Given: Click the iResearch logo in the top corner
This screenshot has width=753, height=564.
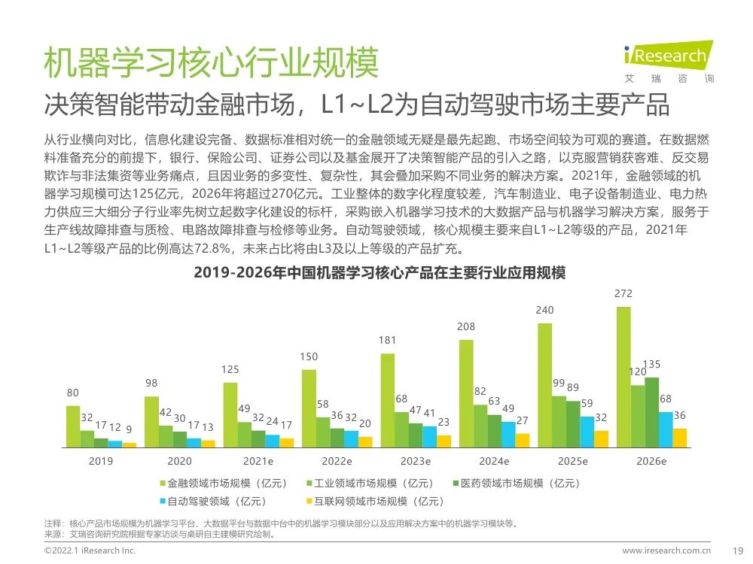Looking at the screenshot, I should (x=668, y=58).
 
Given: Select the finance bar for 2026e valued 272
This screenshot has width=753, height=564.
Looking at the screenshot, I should (x=623, y=377).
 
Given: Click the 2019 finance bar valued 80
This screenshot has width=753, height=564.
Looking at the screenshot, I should (x=72, y=426).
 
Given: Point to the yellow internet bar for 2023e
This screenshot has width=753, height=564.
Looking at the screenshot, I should (x=444, y=441).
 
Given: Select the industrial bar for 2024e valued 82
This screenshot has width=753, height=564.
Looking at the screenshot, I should (x=480, y=426).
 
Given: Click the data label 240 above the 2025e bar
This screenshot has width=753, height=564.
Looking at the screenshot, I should (x=544, y=310).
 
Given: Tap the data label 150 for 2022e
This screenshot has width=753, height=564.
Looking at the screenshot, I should (x=309, y=356).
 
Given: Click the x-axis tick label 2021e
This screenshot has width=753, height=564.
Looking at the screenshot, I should (x=258, y=461).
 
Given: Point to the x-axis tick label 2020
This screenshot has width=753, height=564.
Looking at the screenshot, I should (x=179, y=461).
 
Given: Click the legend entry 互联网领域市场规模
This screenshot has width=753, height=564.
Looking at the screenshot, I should (x=376, y=500).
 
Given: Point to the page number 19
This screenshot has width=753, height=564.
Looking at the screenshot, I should (x=738, y=551).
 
